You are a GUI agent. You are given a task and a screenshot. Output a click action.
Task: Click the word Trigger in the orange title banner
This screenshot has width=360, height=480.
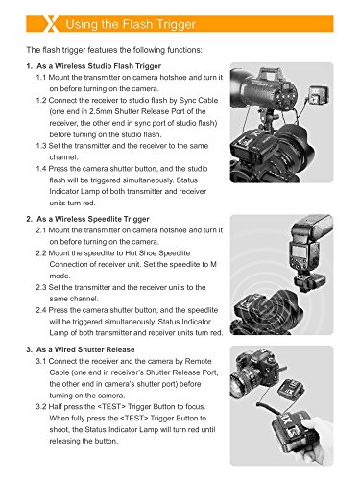click(175, 25)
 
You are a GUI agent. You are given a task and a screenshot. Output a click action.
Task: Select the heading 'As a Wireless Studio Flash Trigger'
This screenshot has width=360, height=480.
click(99, 66)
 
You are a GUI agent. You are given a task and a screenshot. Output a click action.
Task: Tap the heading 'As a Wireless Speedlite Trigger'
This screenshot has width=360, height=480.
click(93, 219)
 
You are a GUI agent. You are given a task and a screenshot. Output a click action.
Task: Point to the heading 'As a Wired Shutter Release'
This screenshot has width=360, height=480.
click(85, 349)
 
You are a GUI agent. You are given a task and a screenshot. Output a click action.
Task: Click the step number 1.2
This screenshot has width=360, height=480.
click(41, 100)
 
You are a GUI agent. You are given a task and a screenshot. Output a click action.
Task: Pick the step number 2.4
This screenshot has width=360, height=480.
click(41, 310)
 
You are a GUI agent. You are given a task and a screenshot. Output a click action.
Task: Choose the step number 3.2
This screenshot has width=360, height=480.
click(41, 407)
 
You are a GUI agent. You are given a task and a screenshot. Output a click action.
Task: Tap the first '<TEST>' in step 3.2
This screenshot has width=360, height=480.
click(109, 407)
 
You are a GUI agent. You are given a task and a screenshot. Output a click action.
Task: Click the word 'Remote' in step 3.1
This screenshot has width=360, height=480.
click(199, 361)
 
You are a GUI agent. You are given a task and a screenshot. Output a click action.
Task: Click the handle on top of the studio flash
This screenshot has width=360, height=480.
click(268, 74)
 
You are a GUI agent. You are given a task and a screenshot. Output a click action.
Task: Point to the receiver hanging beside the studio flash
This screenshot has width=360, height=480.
click(316, 98)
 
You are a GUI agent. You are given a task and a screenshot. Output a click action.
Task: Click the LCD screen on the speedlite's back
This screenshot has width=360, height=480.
click(299, 252)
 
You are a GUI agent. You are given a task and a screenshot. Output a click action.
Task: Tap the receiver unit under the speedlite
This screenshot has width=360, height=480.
click(310, 282)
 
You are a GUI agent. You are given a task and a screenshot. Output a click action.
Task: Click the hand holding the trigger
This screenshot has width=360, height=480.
click(316, 442)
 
